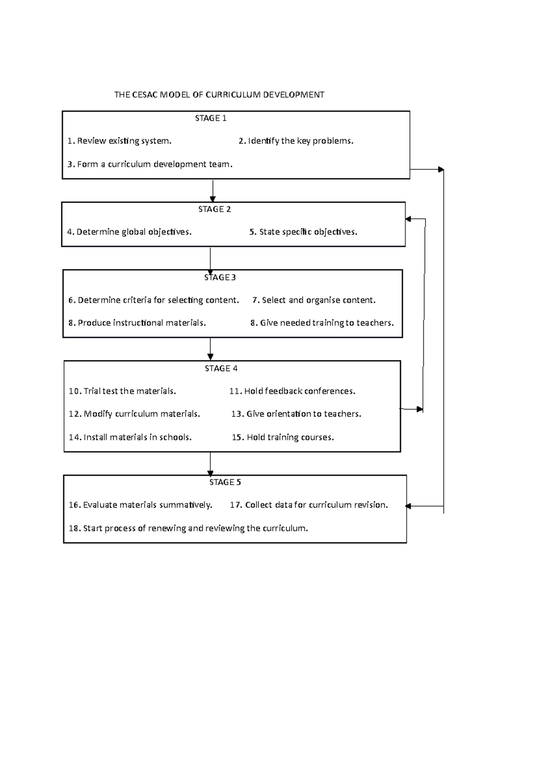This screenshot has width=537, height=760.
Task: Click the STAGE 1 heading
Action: click(x=210, y=118)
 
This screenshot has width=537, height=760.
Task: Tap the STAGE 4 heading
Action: click(x=221, y=368)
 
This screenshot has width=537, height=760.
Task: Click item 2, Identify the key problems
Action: click(x=296, y=141)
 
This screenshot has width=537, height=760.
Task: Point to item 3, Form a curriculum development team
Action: click(x=150, y=164)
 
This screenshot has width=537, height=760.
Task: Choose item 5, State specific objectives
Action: click(x=303, y=232)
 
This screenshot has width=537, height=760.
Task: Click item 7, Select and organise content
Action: click(x=314, y=300)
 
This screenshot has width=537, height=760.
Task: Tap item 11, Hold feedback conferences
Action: click(x=292, y=391)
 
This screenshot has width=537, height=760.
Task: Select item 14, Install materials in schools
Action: click(x=130, y=437)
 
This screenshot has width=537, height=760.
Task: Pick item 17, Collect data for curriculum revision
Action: click(x=309, y=505)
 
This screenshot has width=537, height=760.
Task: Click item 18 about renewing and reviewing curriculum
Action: click(x=188, y=528)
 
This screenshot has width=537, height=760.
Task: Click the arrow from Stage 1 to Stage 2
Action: click(x=213, y=191)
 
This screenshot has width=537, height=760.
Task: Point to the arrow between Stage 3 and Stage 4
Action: click(x=210, y=350)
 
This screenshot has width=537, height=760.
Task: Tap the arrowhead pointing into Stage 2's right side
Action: click(x=408, y=219)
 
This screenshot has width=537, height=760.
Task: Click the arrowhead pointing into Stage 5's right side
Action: click(x=408, y=506)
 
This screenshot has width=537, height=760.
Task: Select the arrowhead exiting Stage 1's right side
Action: click(x=441, y=170)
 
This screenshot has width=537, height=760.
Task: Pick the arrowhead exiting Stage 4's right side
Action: click(x=419, y=409)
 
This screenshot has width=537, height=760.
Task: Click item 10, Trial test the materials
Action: click(x=122, y=391)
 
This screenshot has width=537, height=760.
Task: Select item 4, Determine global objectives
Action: click(x=129, y=232)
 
